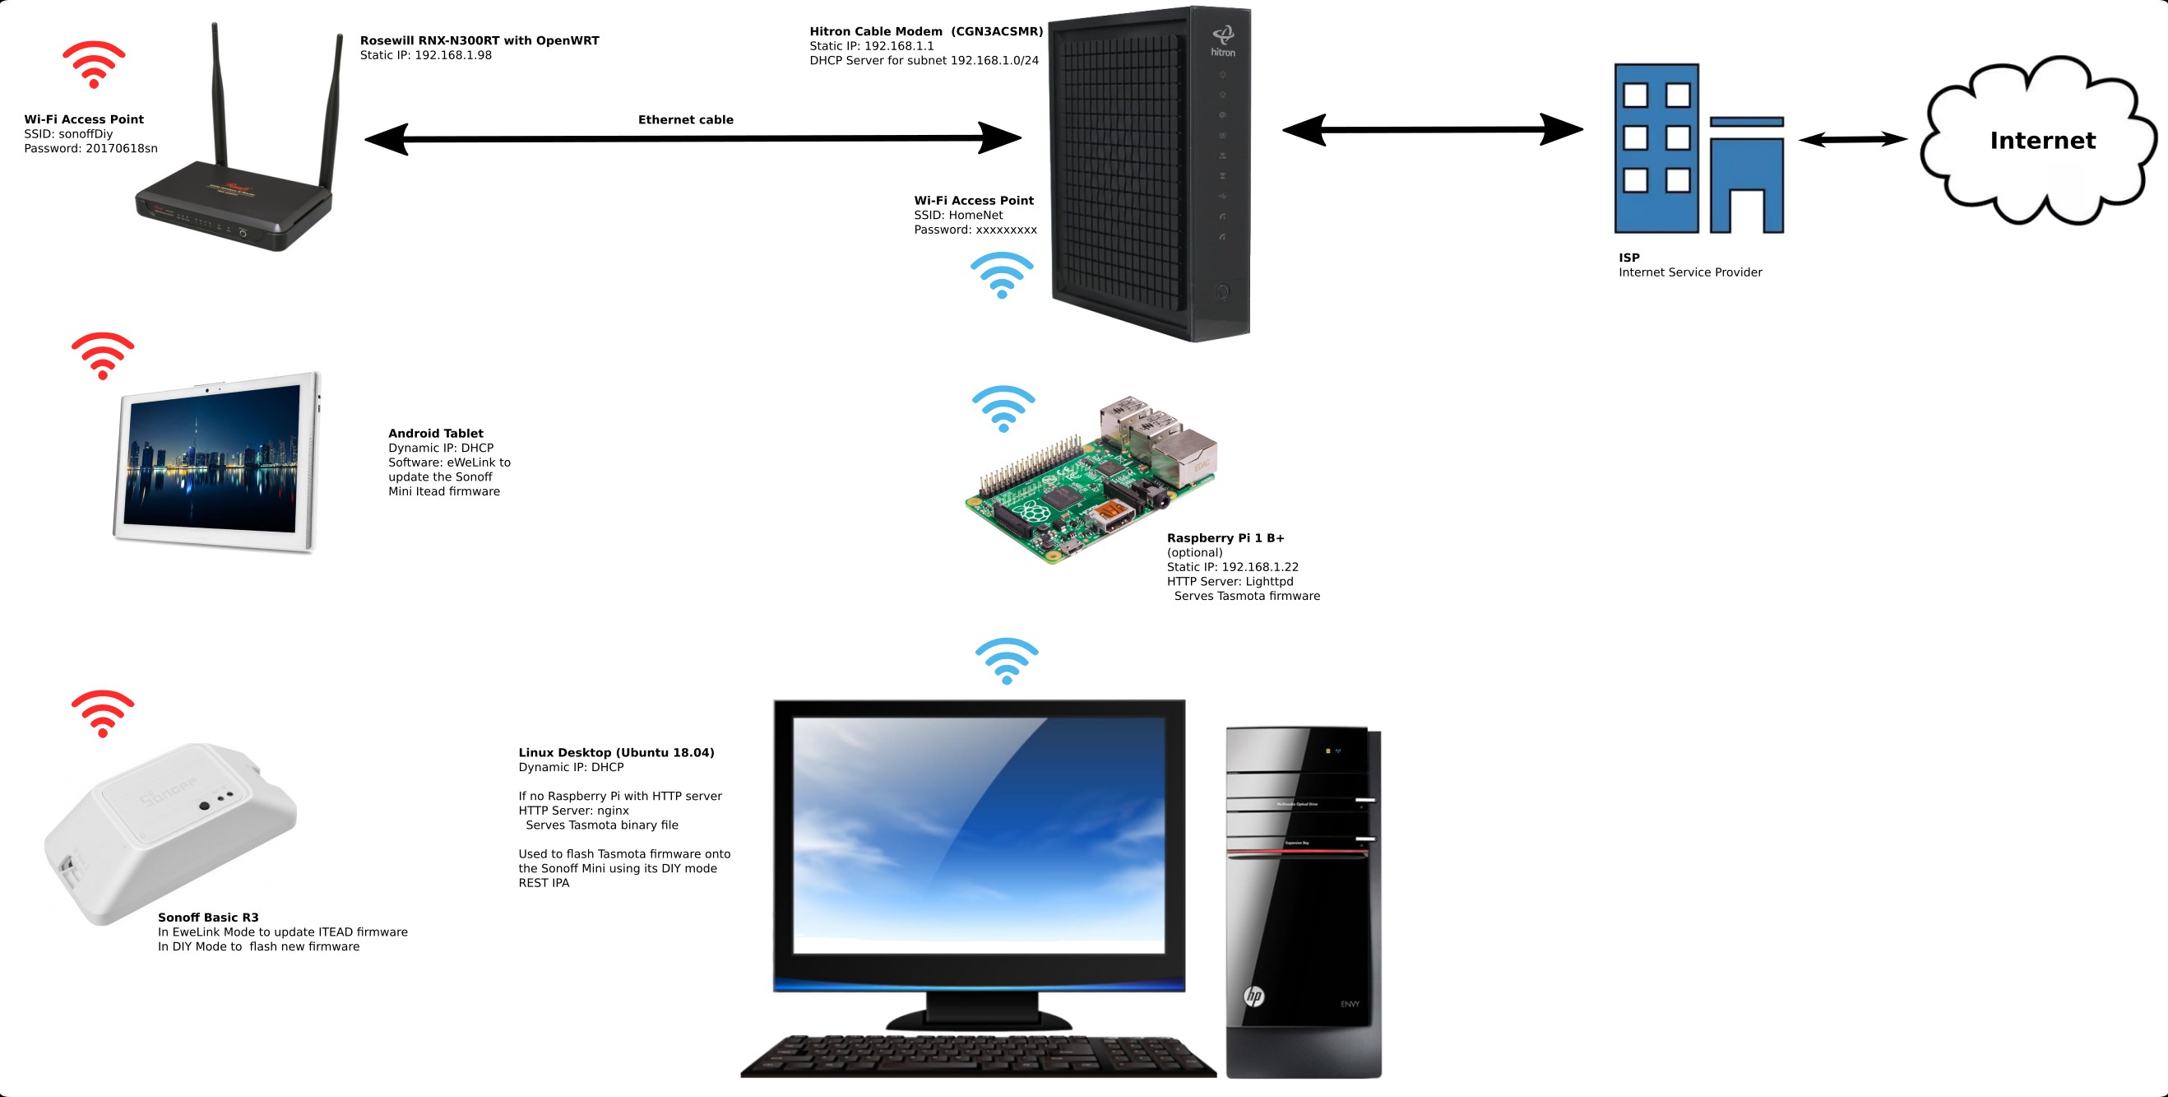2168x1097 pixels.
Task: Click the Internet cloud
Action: tap(2040, 141)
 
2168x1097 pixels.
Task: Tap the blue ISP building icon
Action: tap(1698, 149)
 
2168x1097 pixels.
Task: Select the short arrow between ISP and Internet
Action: tap(1852, 140)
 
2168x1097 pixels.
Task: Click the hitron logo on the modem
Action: tap(1223, 41)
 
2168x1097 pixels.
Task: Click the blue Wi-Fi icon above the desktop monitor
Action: tap(1007, 660)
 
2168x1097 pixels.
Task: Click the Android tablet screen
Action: tap(212, 459)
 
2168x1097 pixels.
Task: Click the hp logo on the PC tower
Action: tap(1253, 996)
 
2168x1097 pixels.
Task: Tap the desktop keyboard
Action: tap(976, 1057)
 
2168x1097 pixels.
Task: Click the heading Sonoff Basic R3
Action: tap(208, 918)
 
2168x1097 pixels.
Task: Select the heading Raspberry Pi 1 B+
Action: tap(1225, 538)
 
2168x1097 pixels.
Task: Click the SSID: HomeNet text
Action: tap(958, 216)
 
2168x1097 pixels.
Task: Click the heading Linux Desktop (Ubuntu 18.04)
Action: tap(616, 753)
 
